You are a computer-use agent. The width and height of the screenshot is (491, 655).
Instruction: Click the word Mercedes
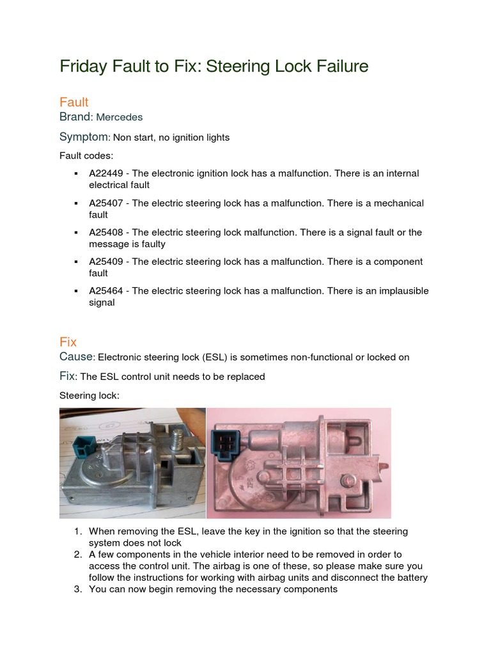pos(120,118)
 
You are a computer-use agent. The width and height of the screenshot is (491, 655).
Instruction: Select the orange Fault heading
pos(74,102)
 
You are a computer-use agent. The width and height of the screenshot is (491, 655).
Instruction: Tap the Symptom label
pos(84,137)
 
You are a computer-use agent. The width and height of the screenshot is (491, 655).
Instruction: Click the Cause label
pos(77,357)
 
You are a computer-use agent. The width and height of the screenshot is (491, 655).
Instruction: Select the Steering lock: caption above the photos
pos(90,396)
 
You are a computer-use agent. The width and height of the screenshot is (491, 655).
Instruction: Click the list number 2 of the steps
pos(77,555)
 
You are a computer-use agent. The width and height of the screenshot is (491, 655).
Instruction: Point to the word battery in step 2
pos(411,578)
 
